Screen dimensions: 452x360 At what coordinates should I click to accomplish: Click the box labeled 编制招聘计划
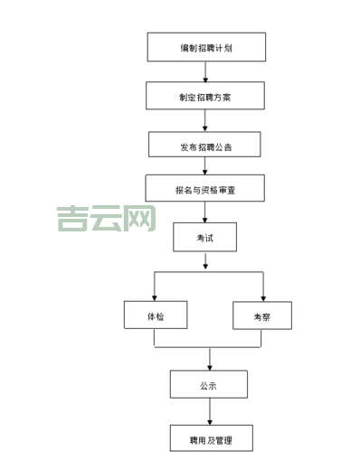point(206,47)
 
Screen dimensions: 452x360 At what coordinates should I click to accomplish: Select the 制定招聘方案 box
point(205,96)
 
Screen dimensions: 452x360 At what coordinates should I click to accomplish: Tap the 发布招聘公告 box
point(205,145)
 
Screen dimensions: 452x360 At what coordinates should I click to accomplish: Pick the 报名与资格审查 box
point(205,189)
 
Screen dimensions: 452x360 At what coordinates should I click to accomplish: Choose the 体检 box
point(155,315)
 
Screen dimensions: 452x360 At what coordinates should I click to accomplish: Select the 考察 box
point(261,315)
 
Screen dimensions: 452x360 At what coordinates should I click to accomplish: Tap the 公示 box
point(208,385)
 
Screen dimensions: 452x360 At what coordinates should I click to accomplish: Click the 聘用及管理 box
point(210,439)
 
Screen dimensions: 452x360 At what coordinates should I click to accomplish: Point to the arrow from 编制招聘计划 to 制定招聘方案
point(206,71)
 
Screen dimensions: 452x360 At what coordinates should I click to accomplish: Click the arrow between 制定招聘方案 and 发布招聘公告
point(206,120)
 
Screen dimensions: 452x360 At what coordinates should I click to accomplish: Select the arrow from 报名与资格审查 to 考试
point(206,213)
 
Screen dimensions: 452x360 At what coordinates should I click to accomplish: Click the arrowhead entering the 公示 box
point(210,365)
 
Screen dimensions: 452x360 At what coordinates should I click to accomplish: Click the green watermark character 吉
point(71,218)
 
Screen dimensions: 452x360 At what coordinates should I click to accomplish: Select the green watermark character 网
point(141,218)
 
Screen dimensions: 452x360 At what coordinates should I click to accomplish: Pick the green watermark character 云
point(107,218)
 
